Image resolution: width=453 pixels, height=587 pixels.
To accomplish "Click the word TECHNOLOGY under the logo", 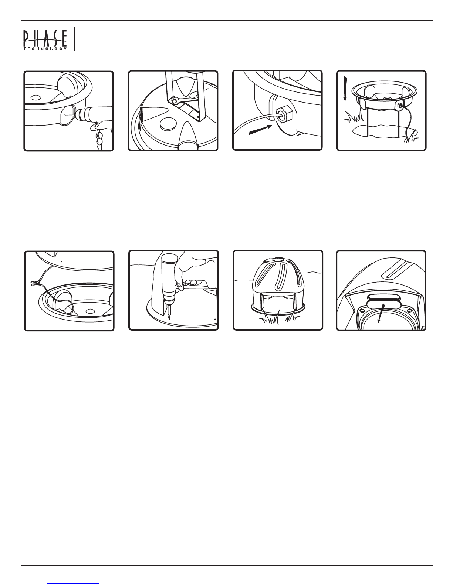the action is tap(45, 49).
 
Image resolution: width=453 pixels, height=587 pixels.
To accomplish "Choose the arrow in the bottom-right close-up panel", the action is tap(381, 313).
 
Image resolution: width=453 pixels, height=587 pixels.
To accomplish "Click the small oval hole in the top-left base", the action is tap(36, 97).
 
